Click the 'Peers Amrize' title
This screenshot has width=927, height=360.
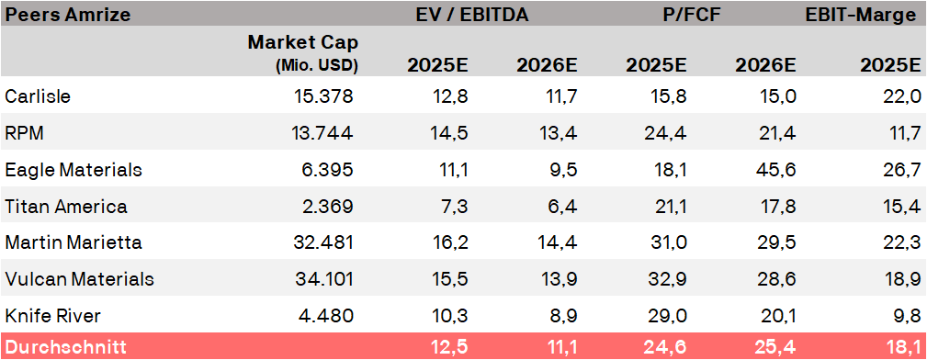pos(67,15)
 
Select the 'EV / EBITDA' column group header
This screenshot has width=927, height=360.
pos(472,15)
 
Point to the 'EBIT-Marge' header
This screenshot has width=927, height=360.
pos(861,15)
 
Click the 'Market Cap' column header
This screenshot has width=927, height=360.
pos(302,42)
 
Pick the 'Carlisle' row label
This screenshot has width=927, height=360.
pos(38,96)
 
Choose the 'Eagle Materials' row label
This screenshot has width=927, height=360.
pos(73,170)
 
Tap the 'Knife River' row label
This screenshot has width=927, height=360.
pos(52,316)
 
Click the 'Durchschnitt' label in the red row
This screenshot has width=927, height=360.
pos(65,346)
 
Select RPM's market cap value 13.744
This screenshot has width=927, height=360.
pos(322,133)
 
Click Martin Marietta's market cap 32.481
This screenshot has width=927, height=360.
pos(322,242)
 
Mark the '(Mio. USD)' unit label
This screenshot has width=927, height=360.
pos(317,66)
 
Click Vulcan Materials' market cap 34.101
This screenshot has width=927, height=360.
pos(322,279)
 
